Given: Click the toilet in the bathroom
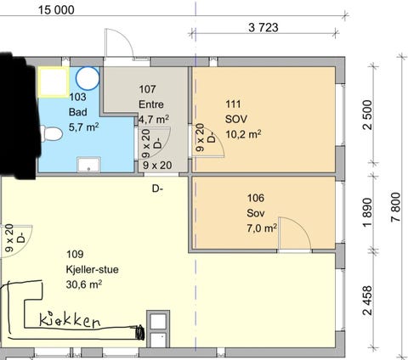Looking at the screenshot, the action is click(52, 133).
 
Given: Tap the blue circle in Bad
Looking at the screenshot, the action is click(88, 78).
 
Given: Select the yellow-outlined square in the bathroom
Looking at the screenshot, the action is click(54, 82).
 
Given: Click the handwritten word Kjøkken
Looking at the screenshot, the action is click(70, 320).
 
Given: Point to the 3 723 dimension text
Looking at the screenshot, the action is click(263, 27).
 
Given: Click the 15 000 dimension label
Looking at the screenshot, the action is click(56, 10).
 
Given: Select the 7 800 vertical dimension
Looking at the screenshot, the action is click(396, 207).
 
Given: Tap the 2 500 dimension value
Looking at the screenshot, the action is click(368, 115).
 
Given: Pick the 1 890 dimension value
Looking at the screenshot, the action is click(368, 212).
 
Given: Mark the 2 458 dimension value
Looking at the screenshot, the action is click(368, 301).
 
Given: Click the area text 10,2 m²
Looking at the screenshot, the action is click(243, 134).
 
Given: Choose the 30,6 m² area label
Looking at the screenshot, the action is click(84, 284).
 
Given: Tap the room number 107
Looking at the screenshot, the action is click(147, 89).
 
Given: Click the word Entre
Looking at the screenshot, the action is click(151, 104).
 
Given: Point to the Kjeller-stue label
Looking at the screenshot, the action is click(92, 269).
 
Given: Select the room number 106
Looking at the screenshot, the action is click(256, 198).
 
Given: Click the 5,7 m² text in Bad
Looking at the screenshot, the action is click(83, 127).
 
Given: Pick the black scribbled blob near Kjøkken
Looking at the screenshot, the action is click(139, 332).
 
